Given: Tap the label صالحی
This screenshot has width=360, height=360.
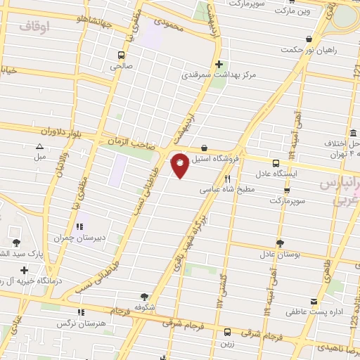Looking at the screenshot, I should pos(121,67).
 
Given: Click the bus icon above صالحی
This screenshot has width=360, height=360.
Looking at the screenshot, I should pos(122,55).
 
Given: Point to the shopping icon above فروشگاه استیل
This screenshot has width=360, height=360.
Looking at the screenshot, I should pos(204,148).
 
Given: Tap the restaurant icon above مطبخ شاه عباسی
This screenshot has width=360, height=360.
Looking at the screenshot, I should pos(227,179).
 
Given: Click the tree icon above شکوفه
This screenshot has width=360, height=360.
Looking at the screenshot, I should pos(145,297).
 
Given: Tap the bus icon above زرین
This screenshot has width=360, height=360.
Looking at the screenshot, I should pos(227,332).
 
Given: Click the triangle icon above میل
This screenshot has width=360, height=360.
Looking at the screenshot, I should pos(40,147).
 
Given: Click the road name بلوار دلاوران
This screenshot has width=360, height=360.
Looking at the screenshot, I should pos(46,131).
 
